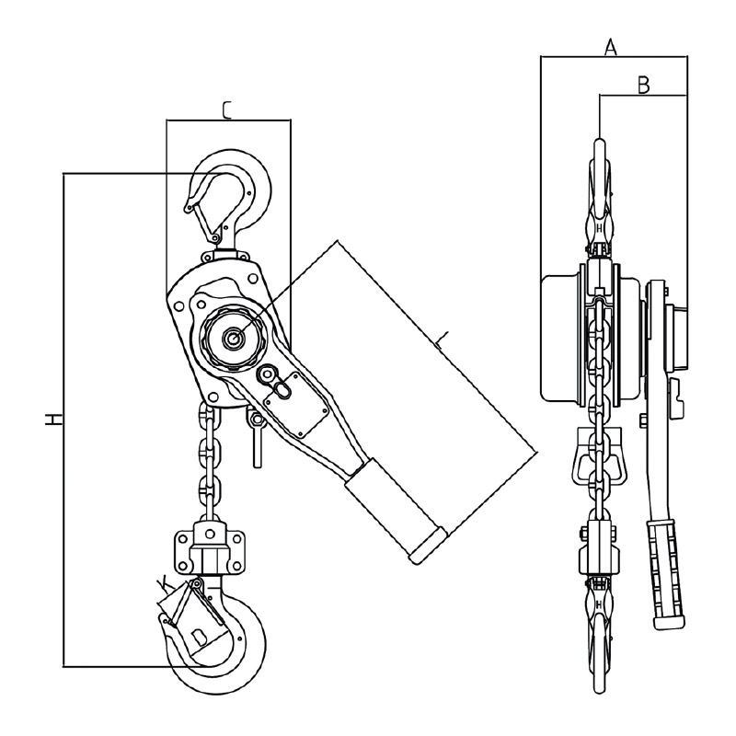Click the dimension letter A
pos(610,48)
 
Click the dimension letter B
pos(643,86)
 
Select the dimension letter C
pos(226,110)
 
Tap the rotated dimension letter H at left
pos(53,420)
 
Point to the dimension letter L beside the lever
pos(442,341)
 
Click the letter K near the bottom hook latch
pos(163,584)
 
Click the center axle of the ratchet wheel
pos(232,337)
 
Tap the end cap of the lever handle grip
pos(427,545)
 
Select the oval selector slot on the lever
pos(282,389)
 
